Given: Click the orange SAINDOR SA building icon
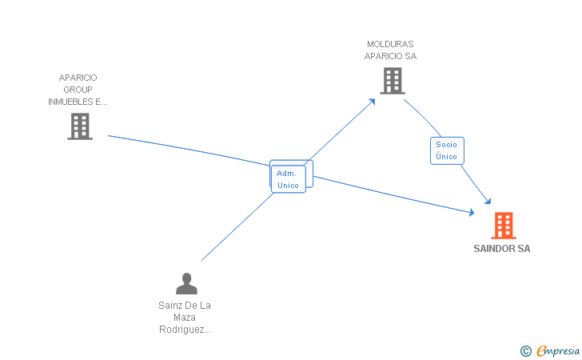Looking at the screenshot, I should pyautogui.click(x=503, y=226).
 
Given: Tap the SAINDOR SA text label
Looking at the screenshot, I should pyautogui.click(x=502, y=249).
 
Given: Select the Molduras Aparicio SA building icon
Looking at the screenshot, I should pyautogui.click(x=392, y=81).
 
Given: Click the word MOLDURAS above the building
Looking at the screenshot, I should pyautogui.click(x=390, y=44).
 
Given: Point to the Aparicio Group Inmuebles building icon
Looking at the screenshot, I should pyautogui.click(x=80, y=126).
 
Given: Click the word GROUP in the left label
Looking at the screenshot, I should pyautogui.click(x=78, y=90).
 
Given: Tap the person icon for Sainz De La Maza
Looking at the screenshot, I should pyautogui.click(x=186, y=284).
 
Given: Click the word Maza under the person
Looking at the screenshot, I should pyautogui.click(x=185, y=317).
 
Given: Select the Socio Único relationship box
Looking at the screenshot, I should pyautogui.click(x=447, y=150).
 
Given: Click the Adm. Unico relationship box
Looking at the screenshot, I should pyautogui.click(x=288, y=179).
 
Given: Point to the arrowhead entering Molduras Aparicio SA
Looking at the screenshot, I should pyautogui.click(x=373, y=101).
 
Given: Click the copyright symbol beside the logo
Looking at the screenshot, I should pyautogui.click(x=525, y=350).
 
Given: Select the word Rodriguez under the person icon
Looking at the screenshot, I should pyautogui.click(x=185, y=329).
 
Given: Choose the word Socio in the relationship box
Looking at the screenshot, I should pyautogui.click(x=447, y=144).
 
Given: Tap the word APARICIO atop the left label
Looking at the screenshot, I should pyautogui.click(x=78, y=78).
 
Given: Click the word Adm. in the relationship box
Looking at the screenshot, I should pyautogui.click(x=287, y=173).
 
